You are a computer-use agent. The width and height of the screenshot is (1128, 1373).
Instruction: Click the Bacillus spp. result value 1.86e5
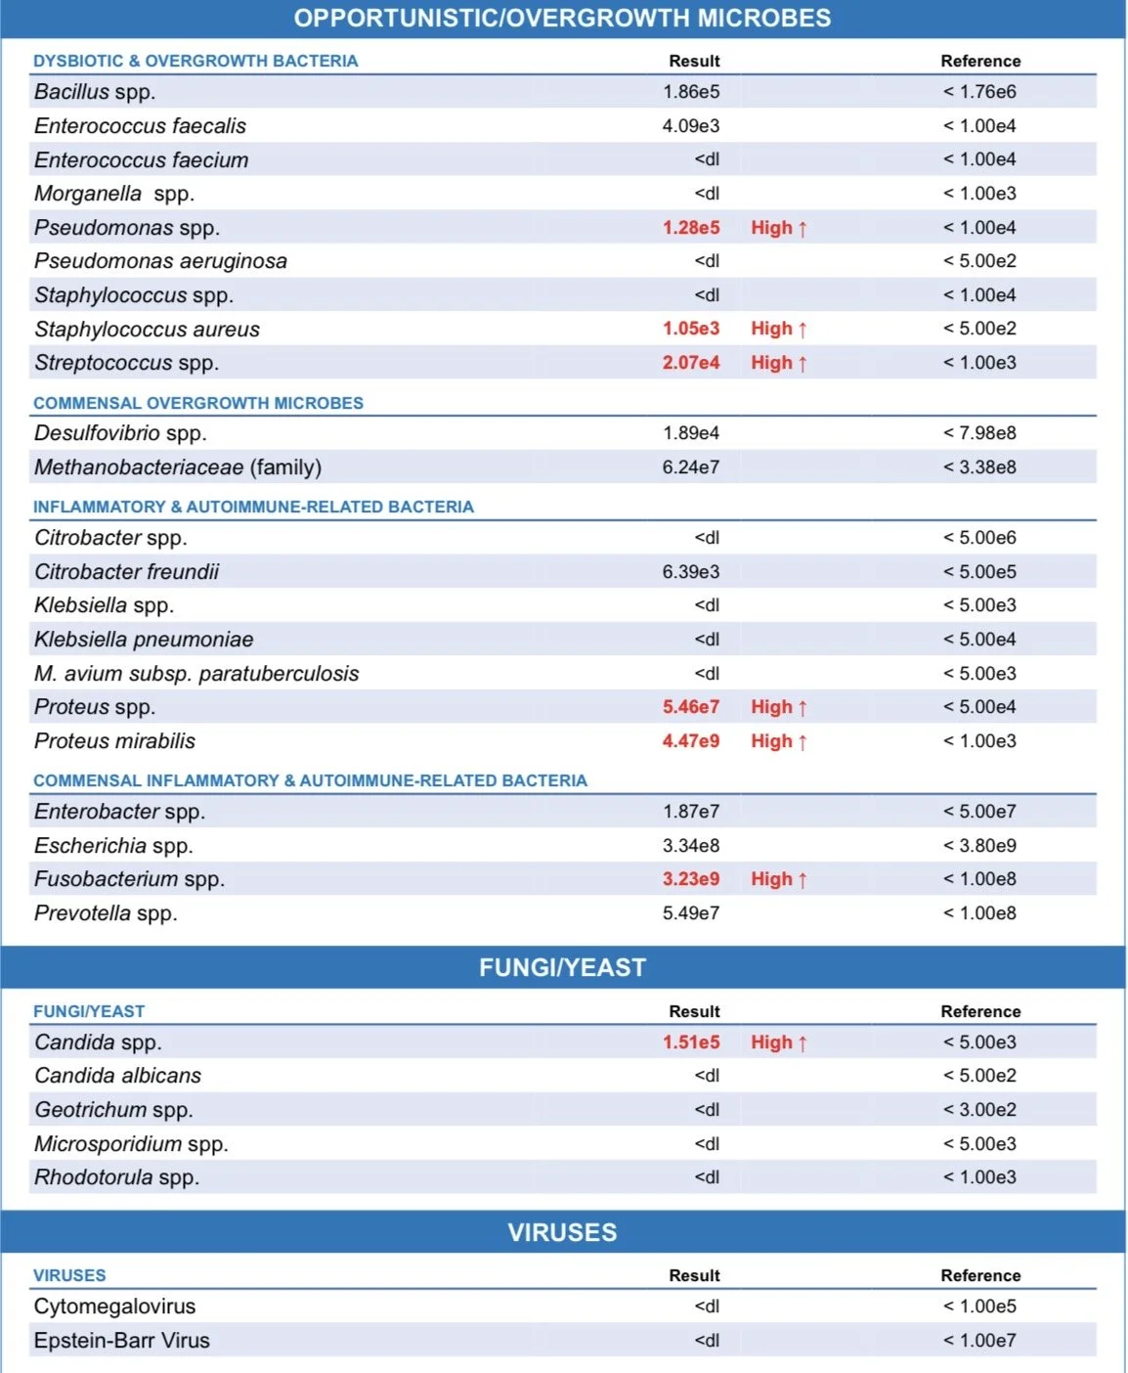coord(690,92)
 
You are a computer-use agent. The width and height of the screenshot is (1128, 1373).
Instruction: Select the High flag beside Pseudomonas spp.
coord(778,228)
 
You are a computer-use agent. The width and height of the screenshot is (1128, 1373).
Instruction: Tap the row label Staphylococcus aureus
coord(147,330)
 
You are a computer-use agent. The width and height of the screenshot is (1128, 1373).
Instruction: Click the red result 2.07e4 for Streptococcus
coord(690,363)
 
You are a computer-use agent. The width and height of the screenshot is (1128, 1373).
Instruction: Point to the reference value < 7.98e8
coord(979,433)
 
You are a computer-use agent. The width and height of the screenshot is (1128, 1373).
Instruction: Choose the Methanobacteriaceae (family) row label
coord(177,467)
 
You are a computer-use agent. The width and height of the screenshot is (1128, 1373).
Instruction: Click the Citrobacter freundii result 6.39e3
coord(690,572)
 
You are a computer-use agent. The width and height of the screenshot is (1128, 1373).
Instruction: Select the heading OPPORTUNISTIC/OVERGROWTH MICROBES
coord(562,19)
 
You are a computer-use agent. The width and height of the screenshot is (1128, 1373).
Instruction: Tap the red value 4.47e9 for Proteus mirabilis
coord(690,741)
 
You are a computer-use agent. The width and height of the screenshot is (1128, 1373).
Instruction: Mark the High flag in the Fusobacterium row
coord(778,879)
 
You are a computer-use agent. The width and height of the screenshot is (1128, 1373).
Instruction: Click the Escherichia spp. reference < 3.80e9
coord(979,846)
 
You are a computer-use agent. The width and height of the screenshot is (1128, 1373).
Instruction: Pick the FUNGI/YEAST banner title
coord(562,967)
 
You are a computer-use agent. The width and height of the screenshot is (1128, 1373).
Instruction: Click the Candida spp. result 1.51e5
coord(690,1042)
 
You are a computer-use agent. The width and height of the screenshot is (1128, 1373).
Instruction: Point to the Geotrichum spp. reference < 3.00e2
coord(979,1110)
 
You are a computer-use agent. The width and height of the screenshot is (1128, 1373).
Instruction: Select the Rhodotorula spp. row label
coord(116,1177)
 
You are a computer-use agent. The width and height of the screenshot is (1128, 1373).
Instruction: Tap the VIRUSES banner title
coord(562,1232)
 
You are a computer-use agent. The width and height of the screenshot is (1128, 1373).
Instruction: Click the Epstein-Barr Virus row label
coord(121,1341)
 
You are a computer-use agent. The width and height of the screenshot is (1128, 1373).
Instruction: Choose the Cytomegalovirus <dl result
coord(707,1307)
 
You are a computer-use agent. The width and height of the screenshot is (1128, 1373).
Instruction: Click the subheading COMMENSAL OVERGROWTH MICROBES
coord(197,403)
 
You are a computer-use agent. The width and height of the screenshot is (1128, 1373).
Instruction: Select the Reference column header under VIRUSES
coord(979,1275)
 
